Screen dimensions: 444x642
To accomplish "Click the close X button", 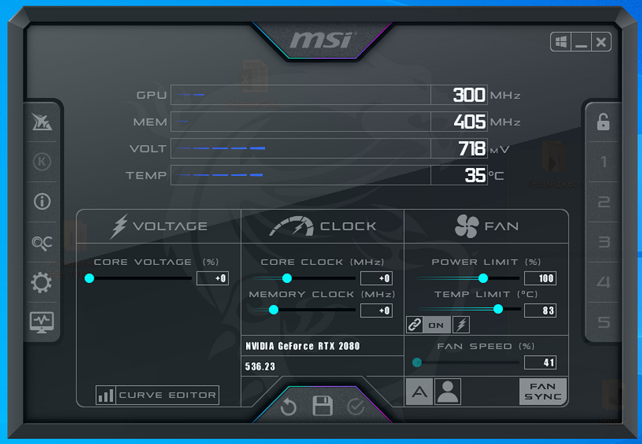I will pos(601,42).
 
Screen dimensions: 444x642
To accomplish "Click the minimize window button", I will pos(581,42).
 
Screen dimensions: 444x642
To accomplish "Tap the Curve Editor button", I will pos(158,395).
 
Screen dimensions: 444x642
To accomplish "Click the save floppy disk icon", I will pos(322,406).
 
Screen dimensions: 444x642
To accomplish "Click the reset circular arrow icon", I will pos(289,407).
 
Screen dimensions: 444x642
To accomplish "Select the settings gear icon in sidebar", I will pos(41,283).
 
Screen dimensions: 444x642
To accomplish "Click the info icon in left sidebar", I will pos(41,201).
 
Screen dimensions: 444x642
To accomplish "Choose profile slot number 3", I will pos(604,242).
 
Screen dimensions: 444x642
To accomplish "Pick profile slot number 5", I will pos(604,322).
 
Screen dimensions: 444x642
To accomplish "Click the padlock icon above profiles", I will pos(603,122).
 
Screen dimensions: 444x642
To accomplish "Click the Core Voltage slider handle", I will pos(90,278).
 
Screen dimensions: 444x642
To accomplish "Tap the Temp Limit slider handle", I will pos(498,309).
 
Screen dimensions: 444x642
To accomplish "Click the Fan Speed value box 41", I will pos(540,362).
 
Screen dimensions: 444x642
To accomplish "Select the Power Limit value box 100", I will pos(540,278).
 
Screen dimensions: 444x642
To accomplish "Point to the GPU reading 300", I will pos(469,95).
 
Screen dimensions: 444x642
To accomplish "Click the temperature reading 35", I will pos(475,175).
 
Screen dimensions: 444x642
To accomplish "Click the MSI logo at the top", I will pos(321,39).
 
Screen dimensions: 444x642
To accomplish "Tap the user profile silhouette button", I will pos(447,392).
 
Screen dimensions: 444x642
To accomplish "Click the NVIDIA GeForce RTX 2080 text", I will pos(302,346).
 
